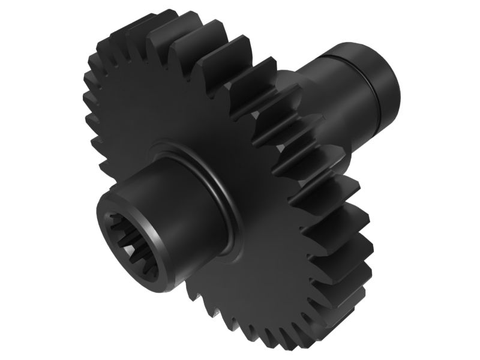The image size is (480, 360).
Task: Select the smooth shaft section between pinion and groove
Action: pos(336,102)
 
